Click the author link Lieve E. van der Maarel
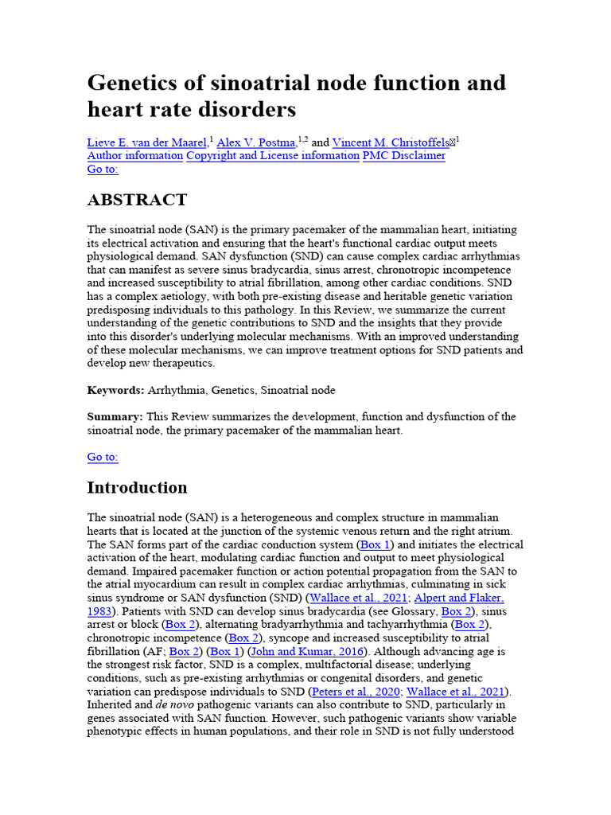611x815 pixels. [146, 142]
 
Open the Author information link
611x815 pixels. [134, 156]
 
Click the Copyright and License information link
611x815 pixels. [272, 156]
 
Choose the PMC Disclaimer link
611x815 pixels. [403, 156]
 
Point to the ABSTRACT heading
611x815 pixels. [137, 200]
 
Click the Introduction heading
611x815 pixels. [137, 487]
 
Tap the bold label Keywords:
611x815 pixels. [115, 390]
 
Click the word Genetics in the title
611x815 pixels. [130, 83]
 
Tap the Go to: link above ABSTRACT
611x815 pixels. [103, 170]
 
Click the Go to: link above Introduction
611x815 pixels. [103, 458]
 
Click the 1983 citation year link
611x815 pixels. [99, 612]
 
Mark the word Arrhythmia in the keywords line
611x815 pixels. [175, 390]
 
